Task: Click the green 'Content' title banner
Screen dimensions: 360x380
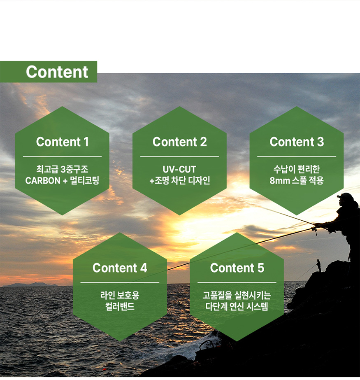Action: (49, 72)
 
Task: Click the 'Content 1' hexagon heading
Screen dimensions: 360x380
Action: (63, 142)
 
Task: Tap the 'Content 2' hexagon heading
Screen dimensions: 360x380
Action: (179, 142)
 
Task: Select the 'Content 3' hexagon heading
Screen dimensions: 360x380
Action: (297, 142)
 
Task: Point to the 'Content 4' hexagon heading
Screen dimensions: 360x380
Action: (120, 268)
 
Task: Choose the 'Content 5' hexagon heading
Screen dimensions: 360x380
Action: (237, 268)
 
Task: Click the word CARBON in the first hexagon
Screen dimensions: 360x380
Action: (43, 181)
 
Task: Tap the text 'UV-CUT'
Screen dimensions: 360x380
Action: (179, 169)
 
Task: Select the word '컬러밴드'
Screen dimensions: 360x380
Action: (120, 307)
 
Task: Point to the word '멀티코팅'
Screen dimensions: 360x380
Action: (84, 181)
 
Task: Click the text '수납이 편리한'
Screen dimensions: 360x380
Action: (297, 169)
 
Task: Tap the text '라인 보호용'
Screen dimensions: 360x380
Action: (120, 295)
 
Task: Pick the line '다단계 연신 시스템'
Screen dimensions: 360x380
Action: (237, 307)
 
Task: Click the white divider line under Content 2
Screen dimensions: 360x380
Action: (179, 156)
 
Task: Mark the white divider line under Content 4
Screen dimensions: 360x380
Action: (120, 282)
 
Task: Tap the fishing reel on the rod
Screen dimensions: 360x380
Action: (315, 230)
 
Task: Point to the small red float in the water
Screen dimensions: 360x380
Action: (105, 369)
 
